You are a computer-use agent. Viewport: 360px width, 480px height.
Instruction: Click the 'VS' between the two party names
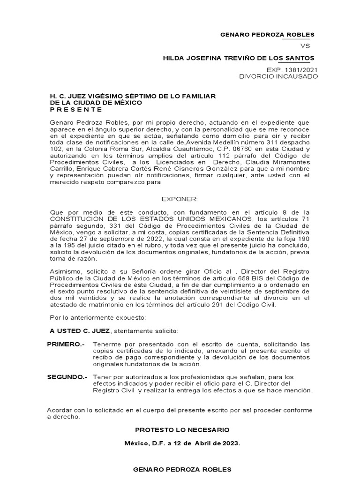305,46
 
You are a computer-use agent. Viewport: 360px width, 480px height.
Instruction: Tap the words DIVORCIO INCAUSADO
278,76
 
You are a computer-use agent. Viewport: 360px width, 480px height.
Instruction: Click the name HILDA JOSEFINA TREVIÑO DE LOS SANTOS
239,58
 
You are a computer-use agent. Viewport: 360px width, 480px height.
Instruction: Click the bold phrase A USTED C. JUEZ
80,331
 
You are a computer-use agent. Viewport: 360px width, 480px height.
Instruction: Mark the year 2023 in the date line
231,442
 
